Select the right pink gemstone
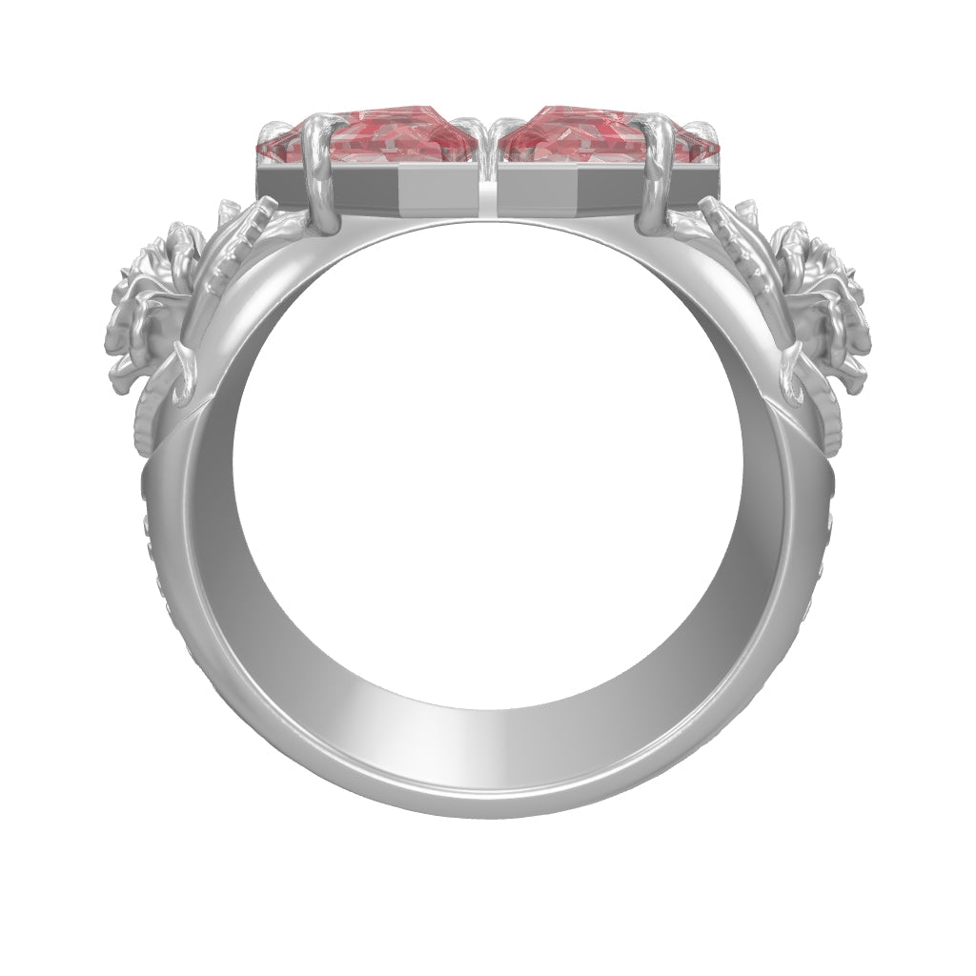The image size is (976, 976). tap(581, 143)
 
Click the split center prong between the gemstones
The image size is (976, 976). tap(487, 133)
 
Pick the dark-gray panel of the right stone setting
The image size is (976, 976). tap(572, 191)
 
